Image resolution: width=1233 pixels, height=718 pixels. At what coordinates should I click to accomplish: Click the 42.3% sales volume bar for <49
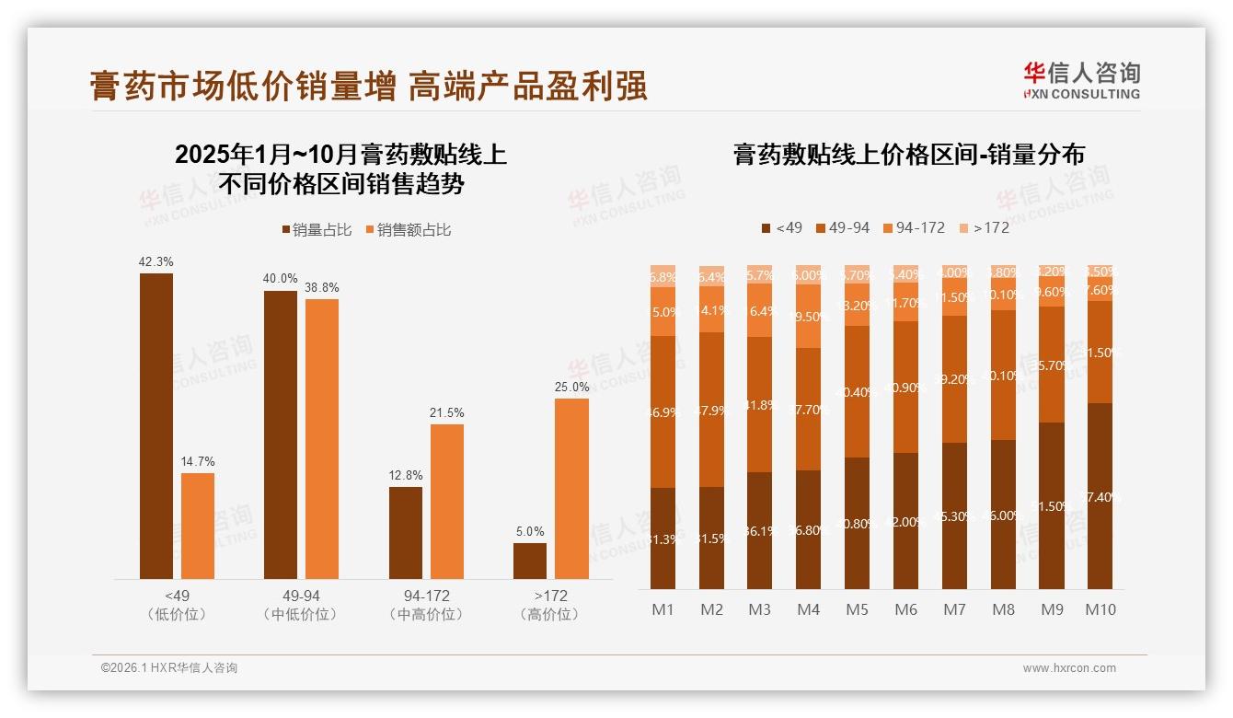pyautogui.click(x=156, y=425)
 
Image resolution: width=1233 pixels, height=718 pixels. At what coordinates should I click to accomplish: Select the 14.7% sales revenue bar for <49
pyautogui.click(x=198, y=526)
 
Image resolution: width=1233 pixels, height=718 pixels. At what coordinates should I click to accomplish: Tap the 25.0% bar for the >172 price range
pyautogui.click(x=571, y=488)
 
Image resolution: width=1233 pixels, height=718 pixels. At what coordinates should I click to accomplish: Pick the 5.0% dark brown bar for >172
pyautogui.click(x=530, y=561)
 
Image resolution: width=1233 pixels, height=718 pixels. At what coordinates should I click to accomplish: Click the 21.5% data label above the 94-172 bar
pyautogui.click(x=447, y=413)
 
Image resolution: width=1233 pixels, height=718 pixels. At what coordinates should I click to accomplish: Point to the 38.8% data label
pyautogui.click(x=321, y=288)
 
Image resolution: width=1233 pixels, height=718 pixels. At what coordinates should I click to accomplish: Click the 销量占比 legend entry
pyautogui.click(x=316, y=230)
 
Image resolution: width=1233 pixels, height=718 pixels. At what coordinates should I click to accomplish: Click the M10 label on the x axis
pyautogui.click(x=1100, y=609)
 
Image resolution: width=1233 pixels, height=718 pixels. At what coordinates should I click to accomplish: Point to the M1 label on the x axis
pyautogui.click(x=663, y=609)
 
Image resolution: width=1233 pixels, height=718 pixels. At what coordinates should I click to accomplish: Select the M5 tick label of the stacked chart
pyautogui.click(x=857, y=609)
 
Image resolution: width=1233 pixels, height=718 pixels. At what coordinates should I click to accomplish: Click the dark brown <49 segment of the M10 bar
pyautogui.click(x=1100, y=495)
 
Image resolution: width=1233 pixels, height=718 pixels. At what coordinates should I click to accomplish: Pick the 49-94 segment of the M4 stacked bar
pyautogui.click(x=808, y=409)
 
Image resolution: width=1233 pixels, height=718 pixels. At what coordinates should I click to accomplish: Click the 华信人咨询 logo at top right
pyautogui.click(x=1081, y=80)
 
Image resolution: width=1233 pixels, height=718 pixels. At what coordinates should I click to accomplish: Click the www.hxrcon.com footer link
pyautogui.click(x=1068, y=668)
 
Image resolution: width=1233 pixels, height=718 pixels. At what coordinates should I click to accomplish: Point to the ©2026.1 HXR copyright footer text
pyautogui.click(x=169, y=668)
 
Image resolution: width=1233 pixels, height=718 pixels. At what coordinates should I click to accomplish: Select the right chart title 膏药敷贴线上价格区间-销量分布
pyautogui.click(x=908, y=155)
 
